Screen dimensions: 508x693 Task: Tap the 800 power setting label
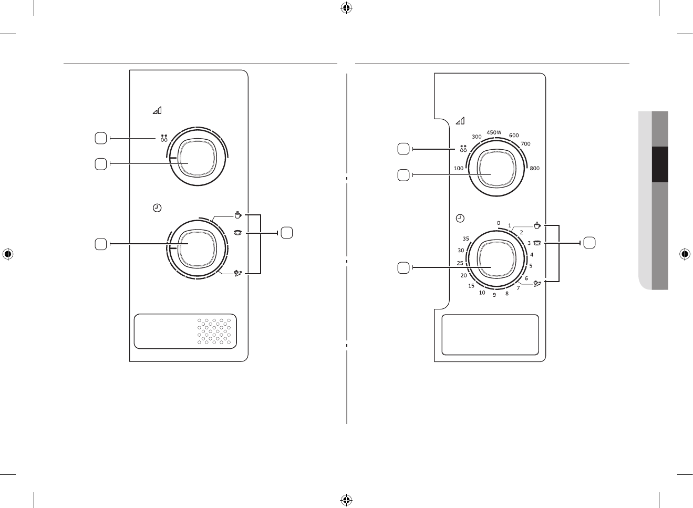coord(535,169)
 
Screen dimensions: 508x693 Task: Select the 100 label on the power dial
coord(458,169)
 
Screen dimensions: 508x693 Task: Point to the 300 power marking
coord(477,137)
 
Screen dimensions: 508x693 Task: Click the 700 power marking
coord(525,144)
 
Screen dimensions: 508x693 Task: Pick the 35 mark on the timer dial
coord(466,239)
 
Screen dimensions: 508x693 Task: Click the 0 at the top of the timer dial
coord(499,223)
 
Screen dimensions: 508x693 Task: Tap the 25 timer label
coord(460,263)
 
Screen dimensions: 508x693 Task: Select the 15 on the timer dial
coord(471,286)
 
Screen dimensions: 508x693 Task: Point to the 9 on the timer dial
coord(494,295)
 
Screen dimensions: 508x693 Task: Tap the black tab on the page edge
coord(660,164)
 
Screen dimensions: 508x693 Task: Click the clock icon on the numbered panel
coord(460,218)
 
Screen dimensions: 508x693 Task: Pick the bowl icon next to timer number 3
coord(537,243)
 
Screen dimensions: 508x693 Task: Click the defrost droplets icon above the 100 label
coord(463,149)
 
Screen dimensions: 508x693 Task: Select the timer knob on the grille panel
coord(197,248)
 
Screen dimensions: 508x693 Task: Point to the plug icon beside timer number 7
coord(537,284)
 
